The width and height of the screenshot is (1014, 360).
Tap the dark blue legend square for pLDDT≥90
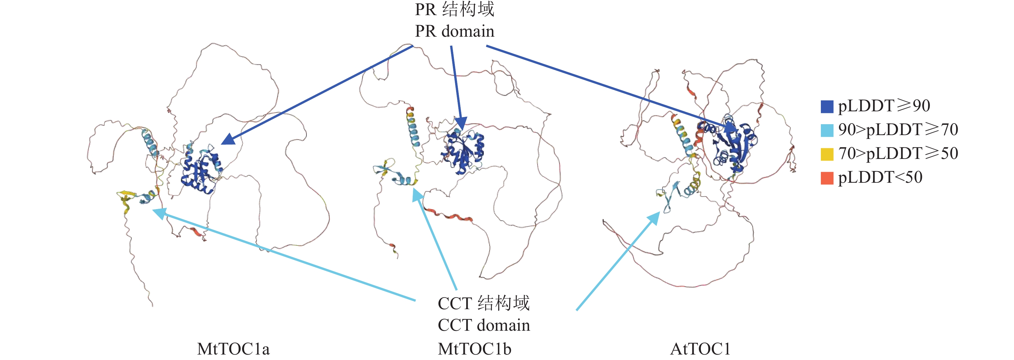(x=827, y=106)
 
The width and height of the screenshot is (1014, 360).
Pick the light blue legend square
(x=827, y=130)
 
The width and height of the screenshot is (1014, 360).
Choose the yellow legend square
(x=827, y=154)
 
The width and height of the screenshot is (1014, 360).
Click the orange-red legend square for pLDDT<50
(x=827, y=178)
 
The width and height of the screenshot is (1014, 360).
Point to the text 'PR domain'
(x=455, y=31)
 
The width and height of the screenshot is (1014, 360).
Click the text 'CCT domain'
(x=484, y=325)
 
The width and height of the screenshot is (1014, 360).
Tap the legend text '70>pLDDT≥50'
(x=898, y=153)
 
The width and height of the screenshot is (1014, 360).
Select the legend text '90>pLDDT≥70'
(x=898, y=129)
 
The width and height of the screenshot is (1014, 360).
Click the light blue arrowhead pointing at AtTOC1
(x=653, y=217)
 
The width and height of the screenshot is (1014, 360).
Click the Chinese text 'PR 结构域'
(x=455, y=9)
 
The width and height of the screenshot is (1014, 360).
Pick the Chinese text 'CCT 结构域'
(x=484, y=303)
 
